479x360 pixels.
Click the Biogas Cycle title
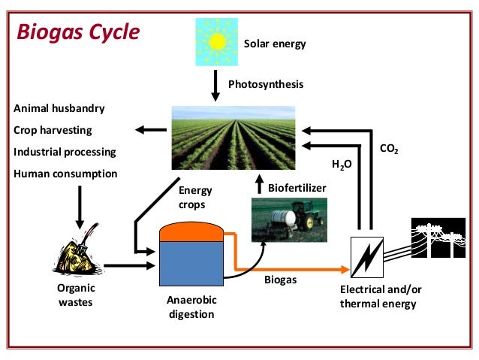click(x=79, y=32)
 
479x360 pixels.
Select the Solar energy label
click(x=275, y=44)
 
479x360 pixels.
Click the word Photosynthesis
click(x=266, y=84)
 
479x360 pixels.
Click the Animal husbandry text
click(x=59, y=107)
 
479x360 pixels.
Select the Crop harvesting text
click(x=53, y=130)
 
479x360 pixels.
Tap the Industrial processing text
click(x=65, y=152)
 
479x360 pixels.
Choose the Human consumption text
click(x=66, y=174)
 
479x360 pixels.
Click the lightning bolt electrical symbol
click(x=366, y=256)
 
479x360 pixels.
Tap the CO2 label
click(x=389, y=151)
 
